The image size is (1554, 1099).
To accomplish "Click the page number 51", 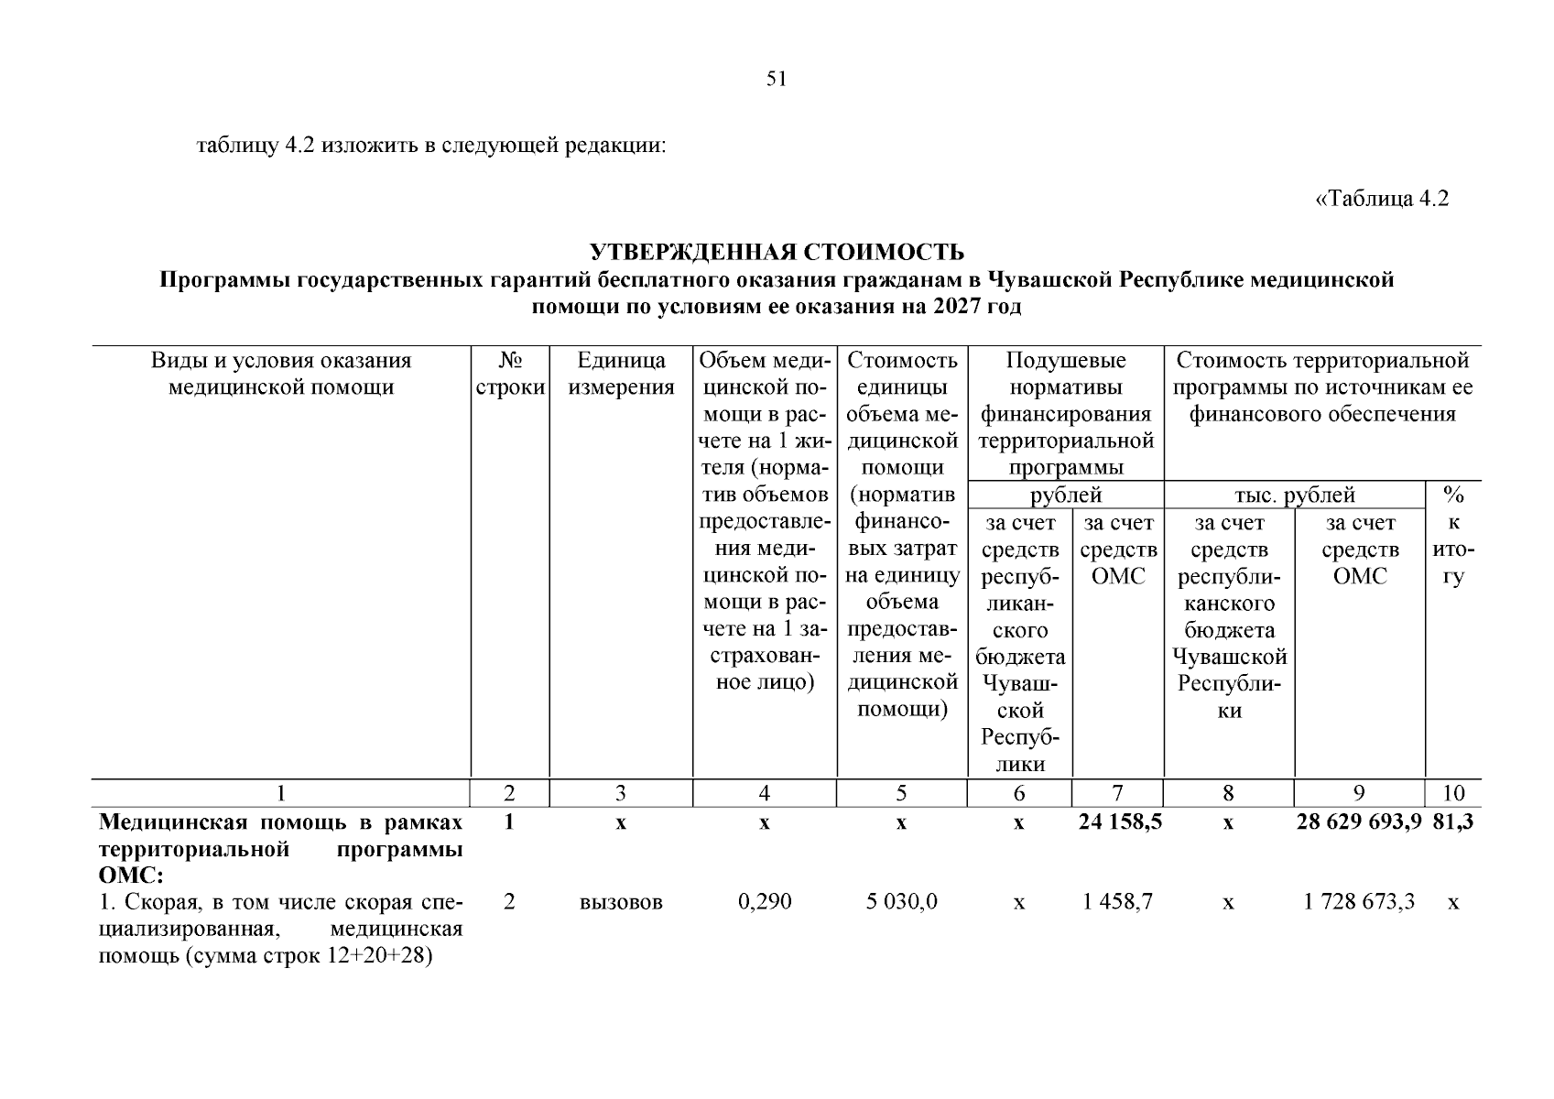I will coord(777,80).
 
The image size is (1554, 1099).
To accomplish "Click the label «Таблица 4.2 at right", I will coord(1382,199).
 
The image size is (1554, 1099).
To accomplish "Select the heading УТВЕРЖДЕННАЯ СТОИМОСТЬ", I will coord(777,252).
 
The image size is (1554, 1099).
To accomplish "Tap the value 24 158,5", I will coord(1120,822).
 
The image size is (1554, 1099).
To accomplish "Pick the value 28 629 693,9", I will coord(1359,822).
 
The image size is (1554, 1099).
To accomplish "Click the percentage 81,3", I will coord(1453,822).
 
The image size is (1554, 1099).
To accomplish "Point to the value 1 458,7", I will coord(1117,902).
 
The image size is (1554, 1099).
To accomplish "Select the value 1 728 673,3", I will coord(1359,902).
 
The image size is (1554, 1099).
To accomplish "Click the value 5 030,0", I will coord(901,902).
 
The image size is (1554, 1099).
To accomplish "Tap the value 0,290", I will coord(765,902).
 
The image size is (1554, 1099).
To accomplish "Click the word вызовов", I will coord(621,902).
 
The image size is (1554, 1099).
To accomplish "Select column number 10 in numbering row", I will coord(1453,793).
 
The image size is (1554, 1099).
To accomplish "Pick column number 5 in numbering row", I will coord(901,793).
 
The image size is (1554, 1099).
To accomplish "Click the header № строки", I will coord(510,374).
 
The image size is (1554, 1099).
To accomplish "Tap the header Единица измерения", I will coord(621,374).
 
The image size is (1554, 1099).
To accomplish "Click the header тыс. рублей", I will coord(1294,495).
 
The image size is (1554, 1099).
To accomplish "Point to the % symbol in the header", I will coord(1453,495).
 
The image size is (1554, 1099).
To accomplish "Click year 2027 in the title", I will coord(957,307).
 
